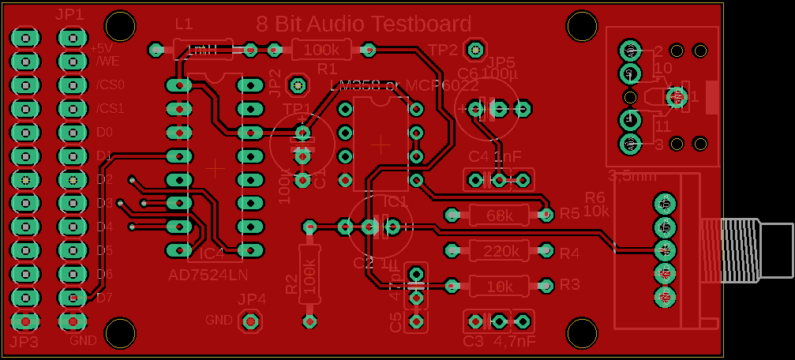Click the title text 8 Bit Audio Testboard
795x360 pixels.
tap(364, 24)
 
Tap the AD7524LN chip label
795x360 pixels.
tap(208, 275)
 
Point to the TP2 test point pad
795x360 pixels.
tap(474, 50)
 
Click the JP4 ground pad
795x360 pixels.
tap(251, 321)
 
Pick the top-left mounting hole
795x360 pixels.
tap(120, 25)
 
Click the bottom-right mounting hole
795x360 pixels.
tap(581, 333)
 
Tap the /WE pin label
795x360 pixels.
tap(108, 61)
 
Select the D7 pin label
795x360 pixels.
tap(105, 298)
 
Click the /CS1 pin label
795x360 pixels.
tap(111, 108)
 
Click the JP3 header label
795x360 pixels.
tap(24, 342)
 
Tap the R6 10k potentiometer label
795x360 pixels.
tap(596, 204)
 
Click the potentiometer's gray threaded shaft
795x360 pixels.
tap(758, 249)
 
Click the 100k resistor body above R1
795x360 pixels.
tap(321, 50)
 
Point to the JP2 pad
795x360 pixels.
tap(297, 84)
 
